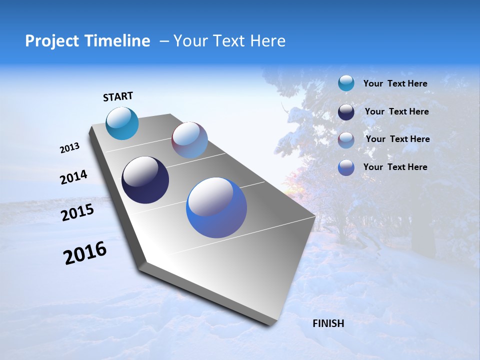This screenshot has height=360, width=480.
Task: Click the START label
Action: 118,96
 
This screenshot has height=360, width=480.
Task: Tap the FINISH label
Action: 328,323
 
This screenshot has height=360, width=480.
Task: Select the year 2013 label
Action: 69,148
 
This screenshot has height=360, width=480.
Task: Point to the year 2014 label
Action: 73,177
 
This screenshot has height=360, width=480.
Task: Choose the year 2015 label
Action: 77,212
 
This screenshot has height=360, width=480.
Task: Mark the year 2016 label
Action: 85,253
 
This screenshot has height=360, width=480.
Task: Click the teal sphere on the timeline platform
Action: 122,123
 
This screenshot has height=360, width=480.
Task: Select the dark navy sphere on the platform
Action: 145,180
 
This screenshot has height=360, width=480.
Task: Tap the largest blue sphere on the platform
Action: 216,207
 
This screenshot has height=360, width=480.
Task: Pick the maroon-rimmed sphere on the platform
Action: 189,140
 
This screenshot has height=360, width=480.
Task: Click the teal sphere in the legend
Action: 346,83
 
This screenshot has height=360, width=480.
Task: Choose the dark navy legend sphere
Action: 346,112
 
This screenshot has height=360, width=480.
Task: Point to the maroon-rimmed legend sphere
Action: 346,139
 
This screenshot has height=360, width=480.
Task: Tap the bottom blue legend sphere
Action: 346,167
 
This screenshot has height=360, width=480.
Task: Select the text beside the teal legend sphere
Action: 395,83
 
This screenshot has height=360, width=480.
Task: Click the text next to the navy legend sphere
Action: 396,111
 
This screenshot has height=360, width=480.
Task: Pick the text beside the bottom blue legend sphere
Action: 395,167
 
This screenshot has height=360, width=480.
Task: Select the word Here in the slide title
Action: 267,41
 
